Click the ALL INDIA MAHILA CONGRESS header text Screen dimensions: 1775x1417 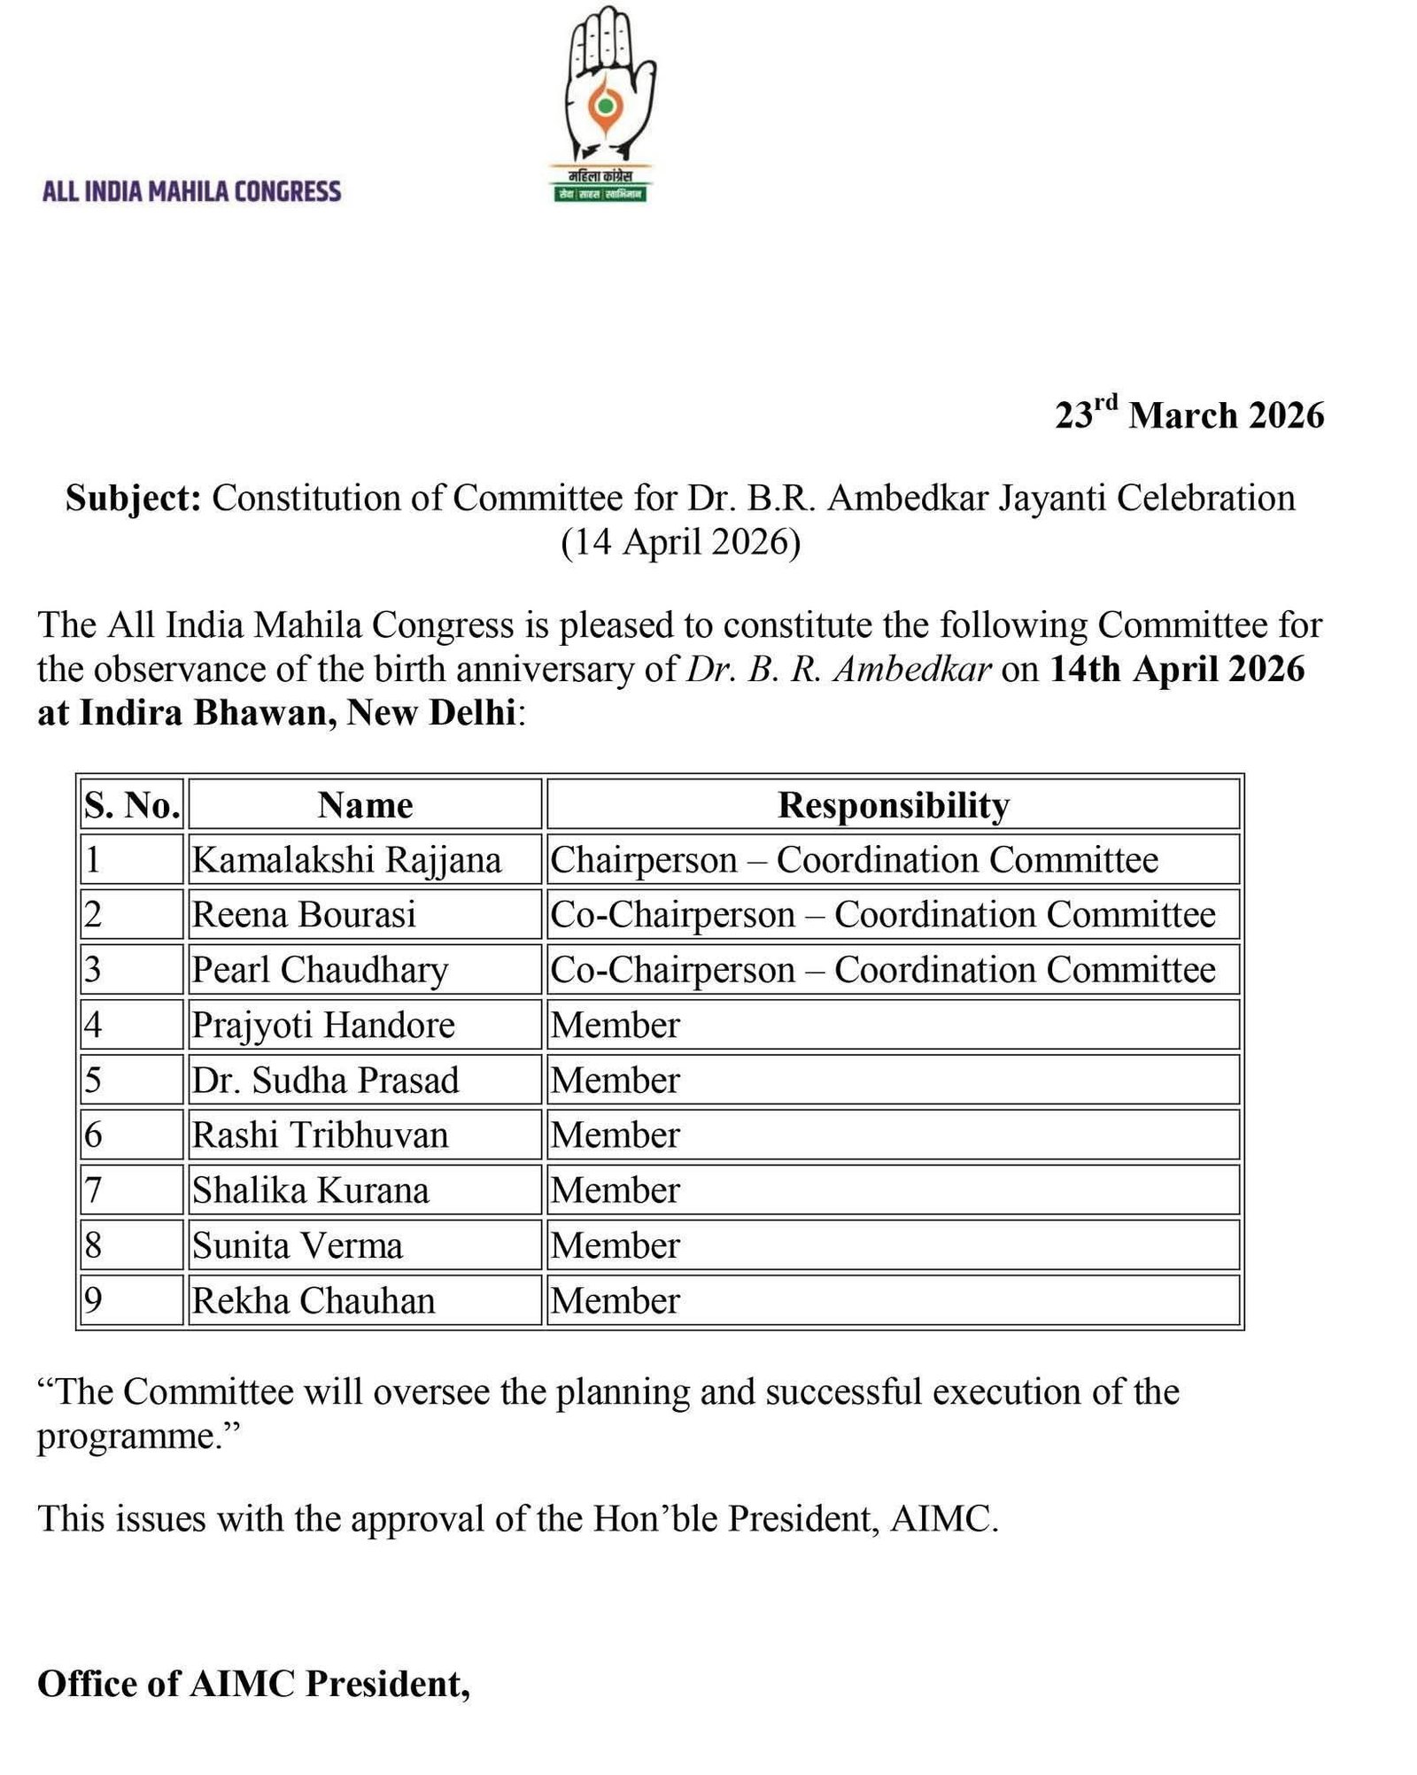pos(191,191)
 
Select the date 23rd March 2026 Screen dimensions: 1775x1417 pos(1189,415)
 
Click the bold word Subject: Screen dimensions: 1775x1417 pos(133,498)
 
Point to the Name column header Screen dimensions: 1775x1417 pos(365,805)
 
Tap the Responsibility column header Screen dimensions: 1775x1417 pos(893,805)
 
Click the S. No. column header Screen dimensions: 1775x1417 pos(132,805)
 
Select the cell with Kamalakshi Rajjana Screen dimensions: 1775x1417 pos(346,860)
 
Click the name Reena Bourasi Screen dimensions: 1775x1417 pos(304,915)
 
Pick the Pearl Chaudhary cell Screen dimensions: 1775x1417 pos(320,970)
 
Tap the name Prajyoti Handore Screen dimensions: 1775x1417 pos(323,1025)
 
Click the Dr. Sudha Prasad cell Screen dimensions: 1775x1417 pos(325,1081)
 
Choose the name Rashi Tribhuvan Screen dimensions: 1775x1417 pos(320,1136)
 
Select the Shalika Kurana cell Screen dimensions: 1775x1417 pos(310,1190)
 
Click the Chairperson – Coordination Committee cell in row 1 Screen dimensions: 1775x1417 pos(854,860)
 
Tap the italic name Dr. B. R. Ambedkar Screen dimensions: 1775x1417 pos(838,670)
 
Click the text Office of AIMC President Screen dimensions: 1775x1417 pos(253,1683)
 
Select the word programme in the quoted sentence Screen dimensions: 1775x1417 pos(128,1436)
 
